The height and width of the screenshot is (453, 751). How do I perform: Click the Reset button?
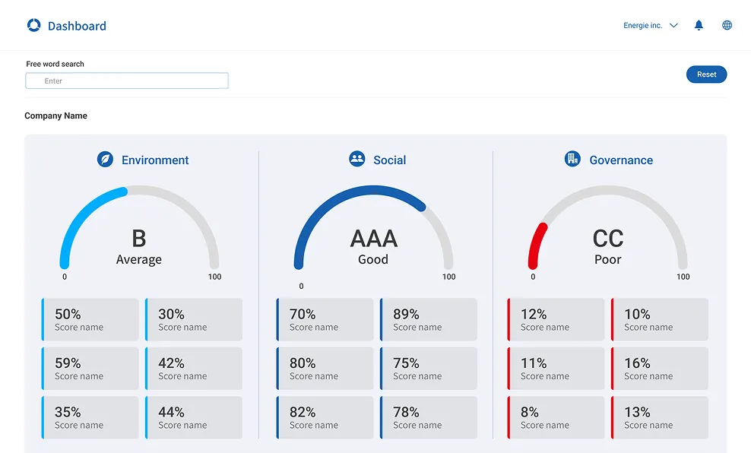point(706,74)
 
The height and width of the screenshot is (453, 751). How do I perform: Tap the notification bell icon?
point(699,25)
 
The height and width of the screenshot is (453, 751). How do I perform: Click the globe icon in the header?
point(727,25)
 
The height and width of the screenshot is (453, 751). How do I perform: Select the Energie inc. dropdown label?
point(642,26)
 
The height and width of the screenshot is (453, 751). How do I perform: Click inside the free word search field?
point(127,81)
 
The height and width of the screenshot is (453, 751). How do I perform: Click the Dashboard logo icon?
point(33,25)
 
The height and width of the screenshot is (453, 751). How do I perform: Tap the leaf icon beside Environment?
point(105,160)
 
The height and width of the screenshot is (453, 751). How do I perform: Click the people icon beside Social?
point(356,159)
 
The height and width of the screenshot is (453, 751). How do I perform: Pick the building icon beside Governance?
point(572,159)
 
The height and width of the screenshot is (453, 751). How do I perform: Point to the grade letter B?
point(138,239)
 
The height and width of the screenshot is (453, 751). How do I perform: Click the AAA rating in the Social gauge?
point(373,239)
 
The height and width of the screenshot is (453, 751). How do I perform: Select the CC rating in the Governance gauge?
point(607,239)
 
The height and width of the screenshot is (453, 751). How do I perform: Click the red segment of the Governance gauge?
point(535,243)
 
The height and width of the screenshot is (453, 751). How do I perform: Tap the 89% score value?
point(406,314)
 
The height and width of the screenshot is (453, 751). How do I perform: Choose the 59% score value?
point(68,363)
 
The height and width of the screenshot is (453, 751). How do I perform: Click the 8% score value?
point(530,412)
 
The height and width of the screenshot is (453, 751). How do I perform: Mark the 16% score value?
point(637,363)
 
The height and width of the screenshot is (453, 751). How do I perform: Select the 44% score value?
point(171,412)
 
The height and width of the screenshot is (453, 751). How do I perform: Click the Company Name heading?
point(56,116)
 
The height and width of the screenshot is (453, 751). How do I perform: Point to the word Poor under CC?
point(607,259)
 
